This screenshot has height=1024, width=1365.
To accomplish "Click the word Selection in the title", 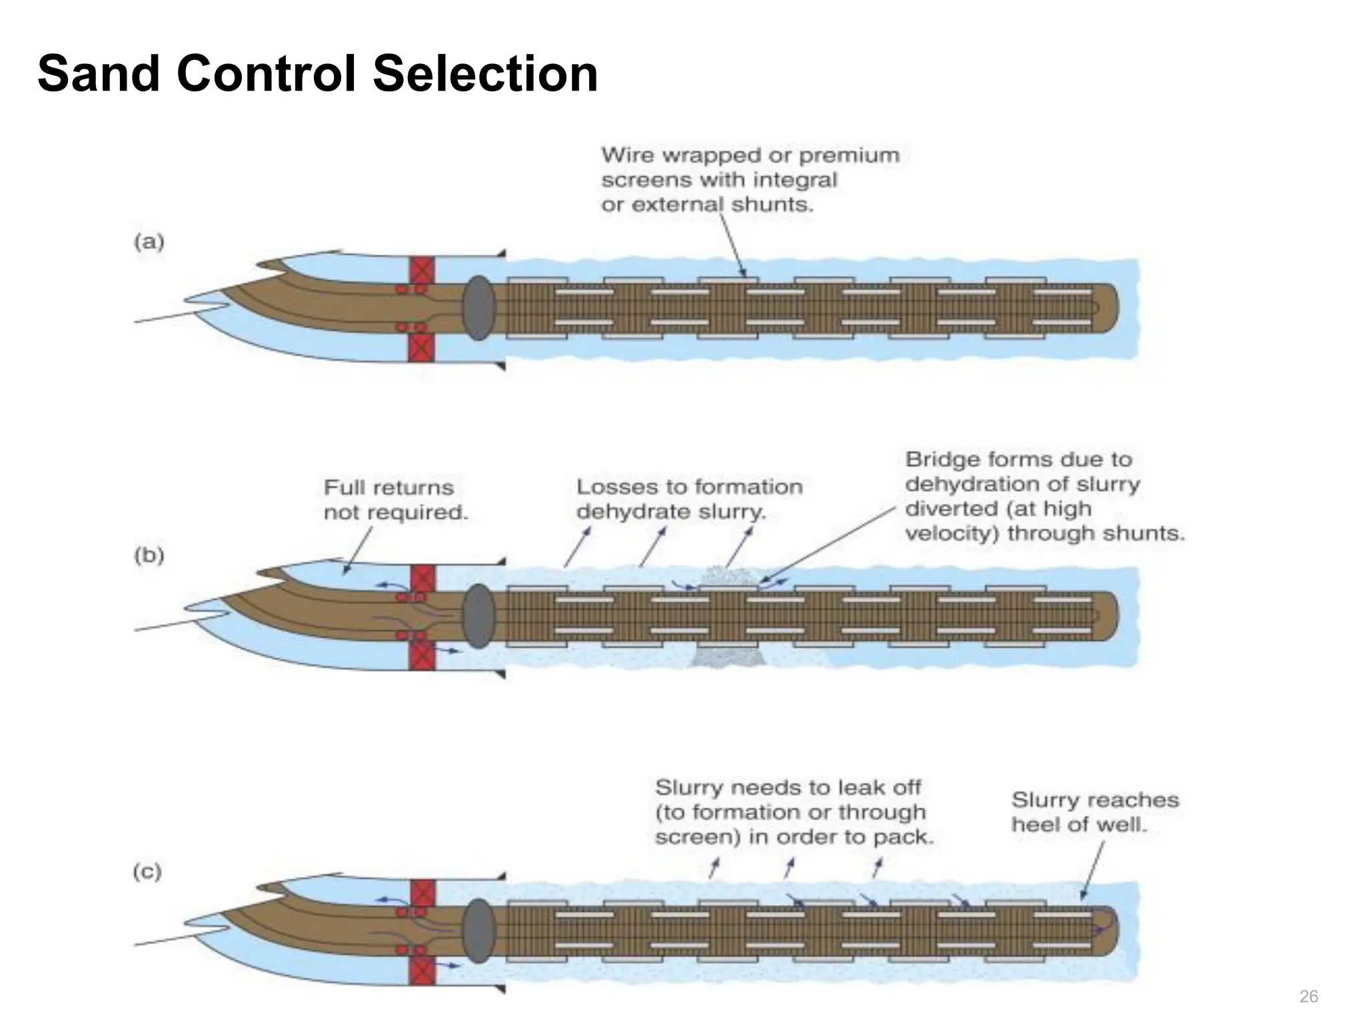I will coord(485,73).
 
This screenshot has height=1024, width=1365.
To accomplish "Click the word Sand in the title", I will coord(98,73).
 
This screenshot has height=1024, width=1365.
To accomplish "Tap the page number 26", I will coord(1308,997).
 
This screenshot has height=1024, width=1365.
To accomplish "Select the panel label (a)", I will coord(149,241).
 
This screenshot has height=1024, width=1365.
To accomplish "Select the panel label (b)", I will coord(149,555).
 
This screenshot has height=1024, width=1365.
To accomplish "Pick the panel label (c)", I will coord(148,871).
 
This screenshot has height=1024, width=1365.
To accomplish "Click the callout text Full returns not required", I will coord(395,500).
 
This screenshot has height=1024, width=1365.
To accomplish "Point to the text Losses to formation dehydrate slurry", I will coord(688,499).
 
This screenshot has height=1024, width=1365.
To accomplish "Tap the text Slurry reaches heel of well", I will coord(1094,812).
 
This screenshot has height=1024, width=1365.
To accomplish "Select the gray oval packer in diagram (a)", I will coord(479,308).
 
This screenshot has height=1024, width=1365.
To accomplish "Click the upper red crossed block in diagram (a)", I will coord(421,271).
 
